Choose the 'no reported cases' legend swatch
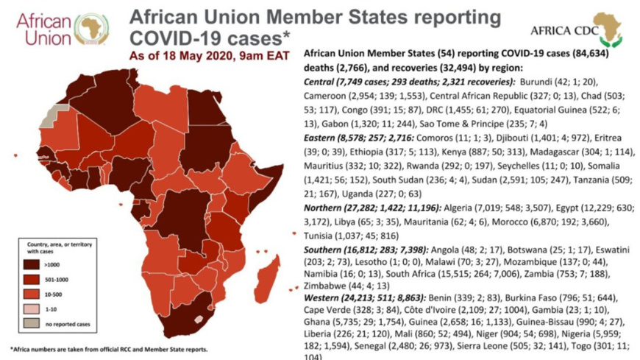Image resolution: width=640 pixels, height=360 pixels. (33, 322)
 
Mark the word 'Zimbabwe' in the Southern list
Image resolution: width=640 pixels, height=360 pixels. (324, 285)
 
